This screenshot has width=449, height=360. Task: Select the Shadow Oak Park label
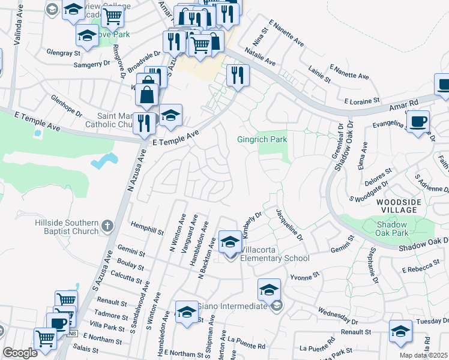[x=392, y=228]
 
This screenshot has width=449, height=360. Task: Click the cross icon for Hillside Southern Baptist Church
[x=107, y=226]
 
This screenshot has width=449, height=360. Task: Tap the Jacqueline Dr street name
[x=288, y=224]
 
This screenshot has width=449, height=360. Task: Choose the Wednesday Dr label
[x=339, y=316]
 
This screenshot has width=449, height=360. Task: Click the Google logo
[x=20, y=353]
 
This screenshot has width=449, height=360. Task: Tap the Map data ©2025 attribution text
[x=424, y=355]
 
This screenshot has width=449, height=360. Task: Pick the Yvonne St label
[x=304, y=277]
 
